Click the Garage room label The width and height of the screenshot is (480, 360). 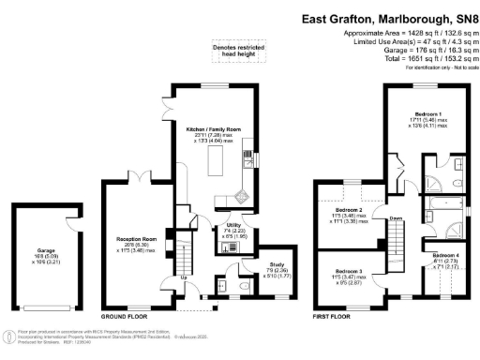click(31, 225)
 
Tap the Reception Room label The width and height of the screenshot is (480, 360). click(135, 238)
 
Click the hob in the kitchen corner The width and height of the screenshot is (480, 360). click(242, 197)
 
